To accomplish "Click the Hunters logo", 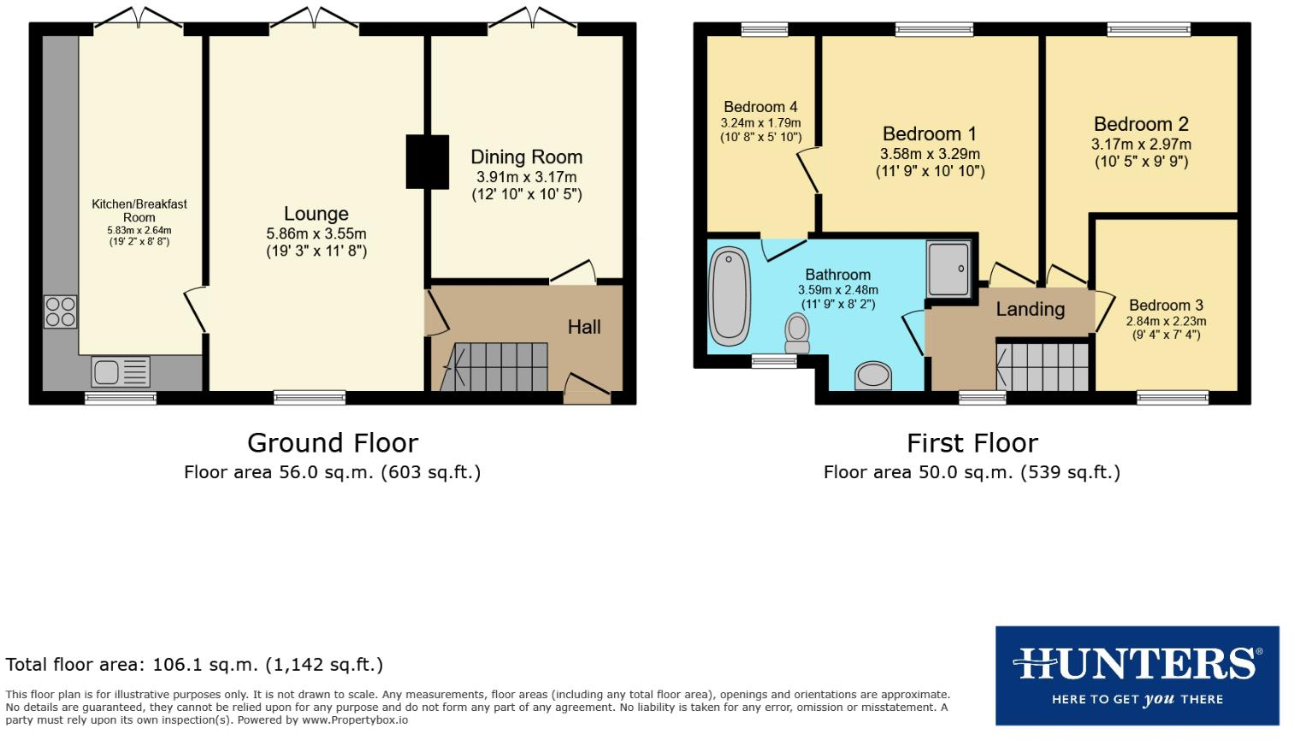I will coord(1137,675).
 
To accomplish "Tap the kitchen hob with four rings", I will coord(60,311).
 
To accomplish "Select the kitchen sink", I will coord(121,372).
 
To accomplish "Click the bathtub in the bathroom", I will coord(730,295).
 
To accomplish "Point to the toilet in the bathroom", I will coord(797,332).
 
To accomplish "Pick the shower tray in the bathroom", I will coord(948,269).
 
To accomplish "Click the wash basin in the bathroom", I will coord(873,375).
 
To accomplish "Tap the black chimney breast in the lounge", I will coord(427,162).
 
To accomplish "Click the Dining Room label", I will coord(526,157).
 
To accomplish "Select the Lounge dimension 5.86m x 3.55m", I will coord(316,234).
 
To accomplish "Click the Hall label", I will coord(584,327).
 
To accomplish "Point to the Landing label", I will coord(1030,310).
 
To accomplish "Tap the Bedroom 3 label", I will coord(1166,305).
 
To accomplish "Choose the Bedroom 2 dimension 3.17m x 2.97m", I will coord(1141,145).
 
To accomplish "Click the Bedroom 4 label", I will coord(760,107).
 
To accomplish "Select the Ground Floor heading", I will coord(333,443).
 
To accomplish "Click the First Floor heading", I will coord(972,443).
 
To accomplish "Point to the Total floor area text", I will coord(194,665).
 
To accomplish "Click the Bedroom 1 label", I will coord(929,134).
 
